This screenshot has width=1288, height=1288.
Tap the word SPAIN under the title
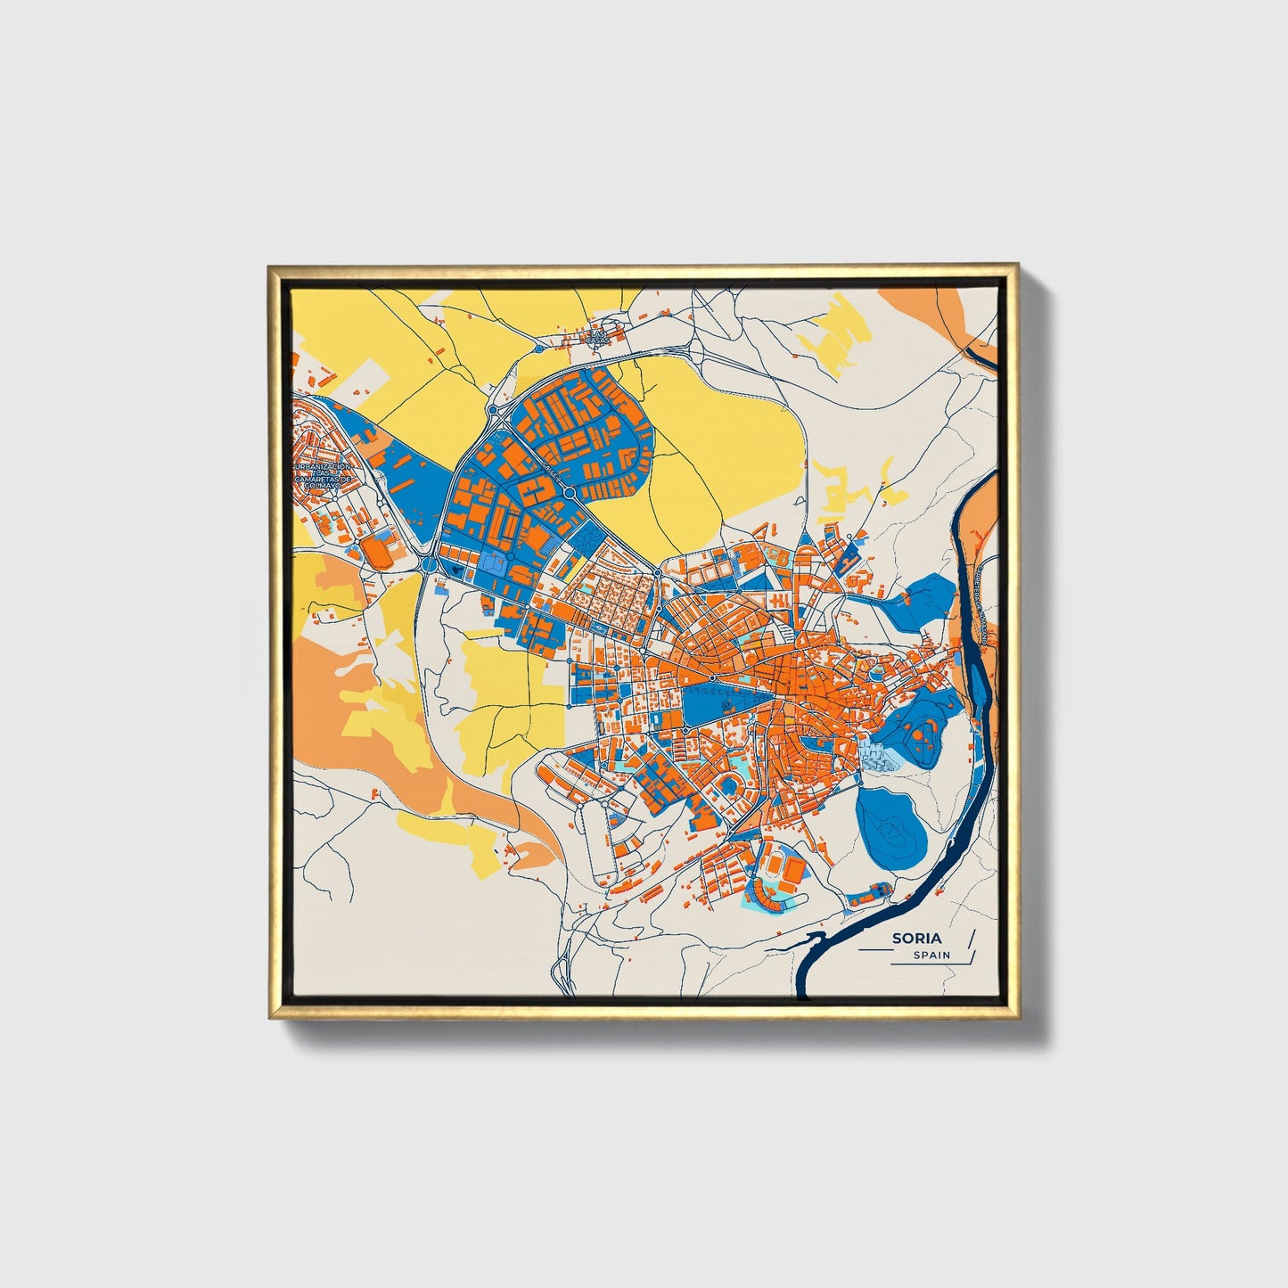pyautogui.click(x=931, y=956)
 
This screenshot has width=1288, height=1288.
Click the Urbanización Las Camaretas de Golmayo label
pyautogui.click(x=324, y=476)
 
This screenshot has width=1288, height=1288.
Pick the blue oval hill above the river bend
pyautogui.click(x=891, y=824)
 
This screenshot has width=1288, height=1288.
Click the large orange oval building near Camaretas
pyautogui.click(x=379, y=553)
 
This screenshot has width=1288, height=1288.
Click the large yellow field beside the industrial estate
pyautogui.click(x=713, y=446)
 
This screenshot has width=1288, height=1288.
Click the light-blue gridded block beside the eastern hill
pyautogui.click(x=879, y=757)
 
